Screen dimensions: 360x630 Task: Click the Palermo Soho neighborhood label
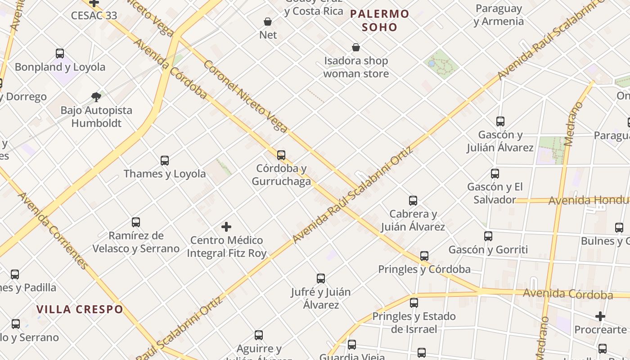pos(379,20)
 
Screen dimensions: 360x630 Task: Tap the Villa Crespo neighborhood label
pos(80,309)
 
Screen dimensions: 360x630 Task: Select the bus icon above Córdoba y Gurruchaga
pos(281,155)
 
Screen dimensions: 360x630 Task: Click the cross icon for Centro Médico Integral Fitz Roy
pos(226,227)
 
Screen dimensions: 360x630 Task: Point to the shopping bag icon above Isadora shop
pos(356,47)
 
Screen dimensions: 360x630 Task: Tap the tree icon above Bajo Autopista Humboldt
pos(96,96)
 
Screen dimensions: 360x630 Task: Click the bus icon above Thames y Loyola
pos(165,160)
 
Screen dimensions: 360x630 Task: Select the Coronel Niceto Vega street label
pos(245,97)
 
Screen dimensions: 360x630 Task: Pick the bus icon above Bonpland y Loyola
pos(60,54)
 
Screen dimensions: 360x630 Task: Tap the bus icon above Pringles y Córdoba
pos(424,256)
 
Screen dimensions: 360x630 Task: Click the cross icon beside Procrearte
pos(600,316)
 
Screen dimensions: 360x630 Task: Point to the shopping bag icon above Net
pos(268,22)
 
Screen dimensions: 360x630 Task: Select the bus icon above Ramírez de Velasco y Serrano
pos(136,222)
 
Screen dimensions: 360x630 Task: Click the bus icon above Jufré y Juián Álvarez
pos(321,279)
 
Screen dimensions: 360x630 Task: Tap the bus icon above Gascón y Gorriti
pos(488,236)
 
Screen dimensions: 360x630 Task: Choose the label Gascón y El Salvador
pos(495,193)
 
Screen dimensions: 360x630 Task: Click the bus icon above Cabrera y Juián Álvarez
pos(413,201)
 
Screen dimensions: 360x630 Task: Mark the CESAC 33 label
pos(94,15)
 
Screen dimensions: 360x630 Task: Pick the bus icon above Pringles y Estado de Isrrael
pos(414,303)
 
